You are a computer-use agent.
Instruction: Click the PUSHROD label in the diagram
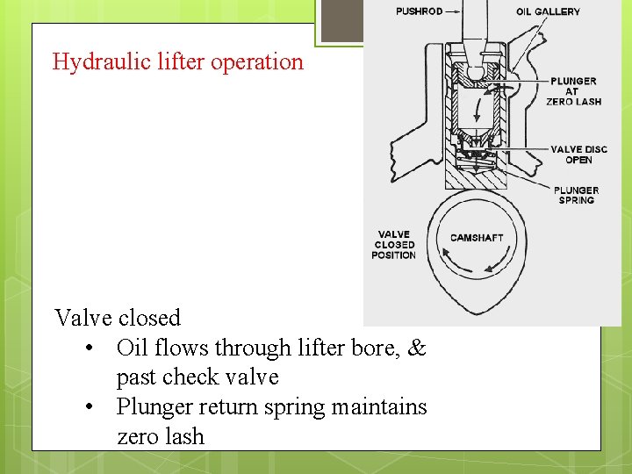tap(419, 11)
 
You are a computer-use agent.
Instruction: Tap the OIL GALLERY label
tap(548, 11)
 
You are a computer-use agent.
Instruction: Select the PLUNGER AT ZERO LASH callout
tap(574, 91)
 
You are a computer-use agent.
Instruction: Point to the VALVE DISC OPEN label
tap(578, 154)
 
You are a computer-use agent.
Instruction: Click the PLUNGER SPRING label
tap(576, 195)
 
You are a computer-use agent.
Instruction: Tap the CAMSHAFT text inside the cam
tap(477, 238)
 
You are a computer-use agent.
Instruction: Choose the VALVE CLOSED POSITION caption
tap(393, 244)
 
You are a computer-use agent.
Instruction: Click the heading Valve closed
tap(117, 318)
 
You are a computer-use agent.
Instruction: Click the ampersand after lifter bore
tap(417, 348)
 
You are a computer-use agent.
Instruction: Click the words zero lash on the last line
tap(161, 436)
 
